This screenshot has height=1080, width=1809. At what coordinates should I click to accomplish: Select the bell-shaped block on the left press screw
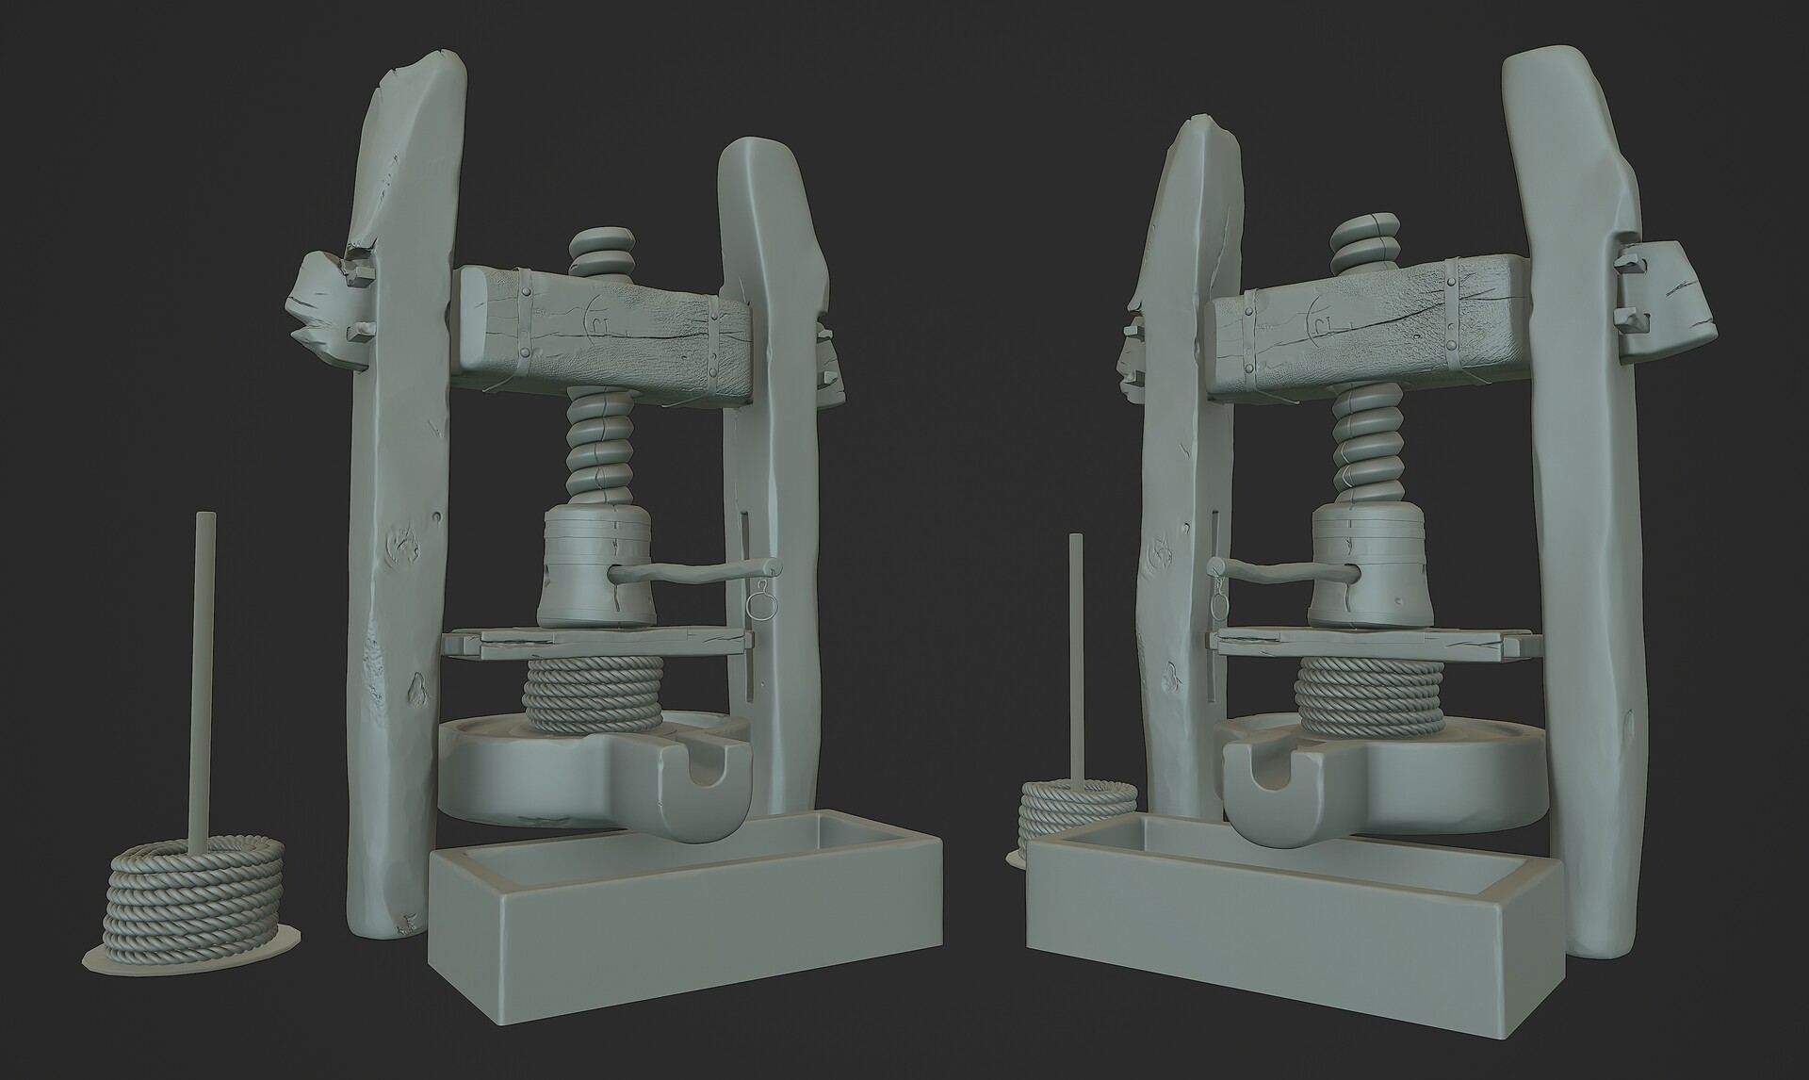point(594,570)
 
